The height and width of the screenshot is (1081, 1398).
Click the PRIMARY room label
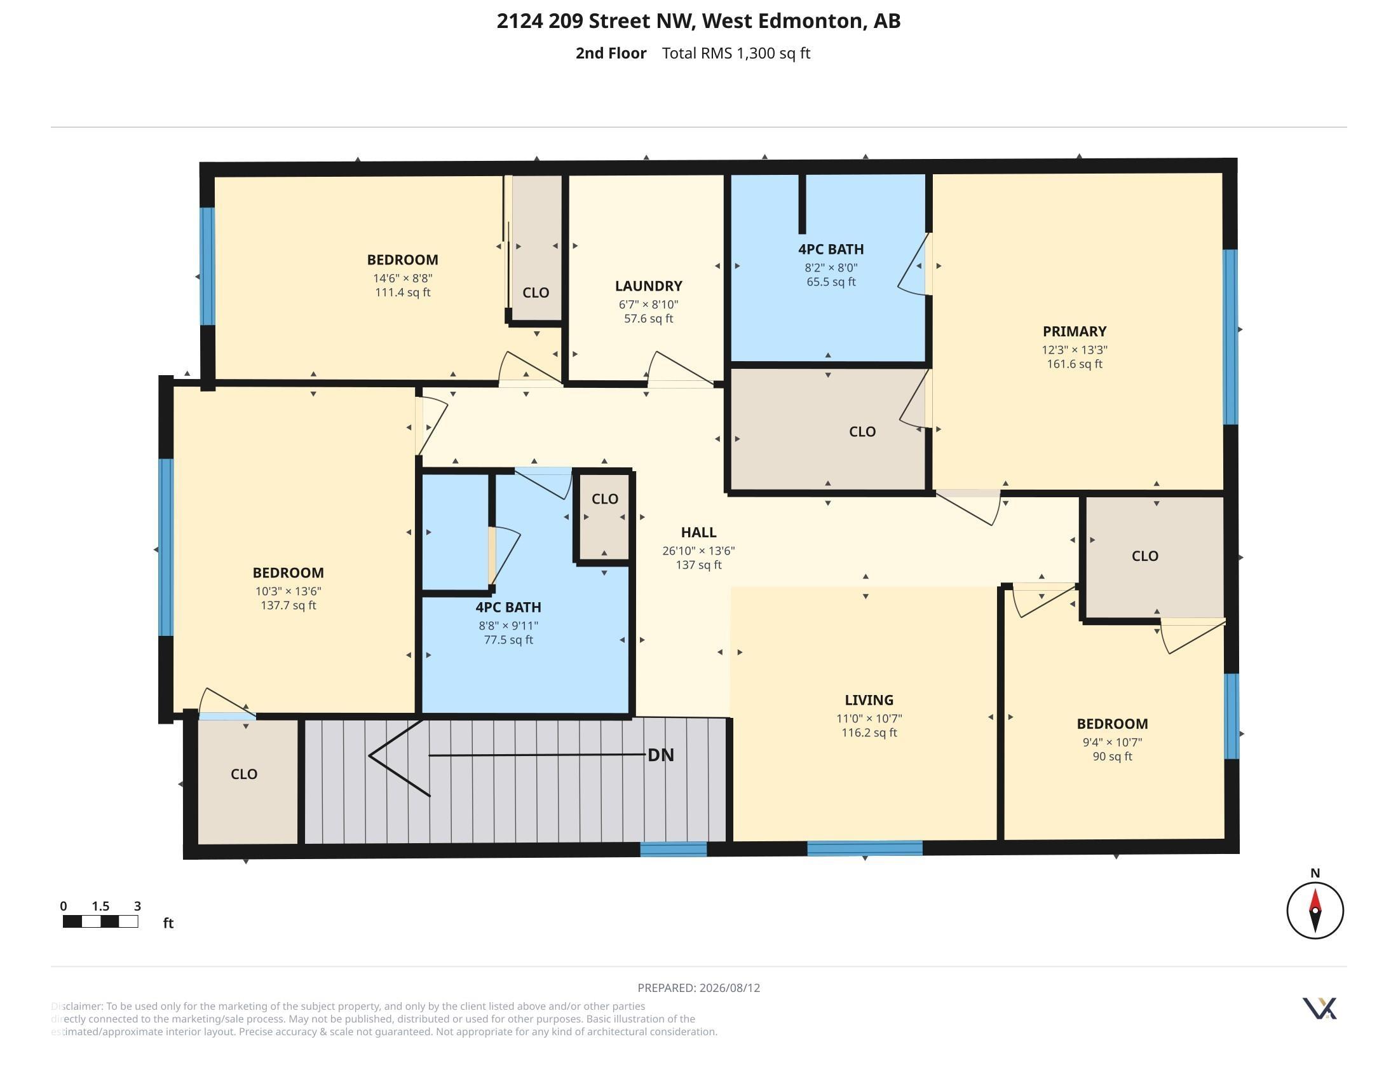point(1074,331)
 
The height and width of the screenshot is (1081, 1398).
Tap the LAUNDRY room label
point(648,286)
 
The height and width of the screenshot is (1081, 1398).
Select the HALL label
point(698,532)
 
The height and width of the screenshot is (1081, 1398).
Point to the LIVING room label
point(869,700)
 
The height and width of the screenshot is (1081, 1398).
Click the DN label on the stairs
point(661,755)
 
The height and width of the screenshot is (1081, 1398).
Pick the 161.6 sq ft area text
point(1074,364)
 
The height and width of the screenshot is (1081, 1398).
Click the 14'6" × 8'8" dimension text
point(403,278)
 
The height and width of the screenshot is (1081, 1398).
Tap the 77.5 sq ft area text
point(508,640)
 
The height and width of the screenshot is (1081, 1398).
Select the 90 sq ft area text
point(1112,756)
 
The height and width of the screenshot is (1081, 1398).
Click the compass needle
point(1315,910)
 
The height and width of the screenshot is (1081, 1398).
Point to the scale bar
point(100,921)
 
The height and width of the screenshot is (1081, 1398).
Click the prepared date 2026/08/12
point(730,988)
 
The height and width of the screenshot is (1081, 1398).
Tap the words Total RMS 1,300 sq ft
point(736,53)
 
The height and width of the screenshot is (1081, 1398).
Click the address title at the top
point(698,20)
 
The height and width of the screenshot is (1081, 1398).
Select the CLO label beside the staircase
point(244,774)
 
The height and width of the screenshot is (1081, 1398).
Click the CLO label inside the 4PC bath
point(604,499)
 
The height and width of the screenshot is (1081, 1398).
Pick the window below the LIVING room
point(865,848)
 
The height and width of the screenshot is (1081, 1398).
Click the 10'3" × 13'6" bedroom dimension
point(288,591)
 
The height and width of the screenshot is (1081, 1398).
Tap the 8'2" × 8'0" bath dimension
point(831,268)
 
